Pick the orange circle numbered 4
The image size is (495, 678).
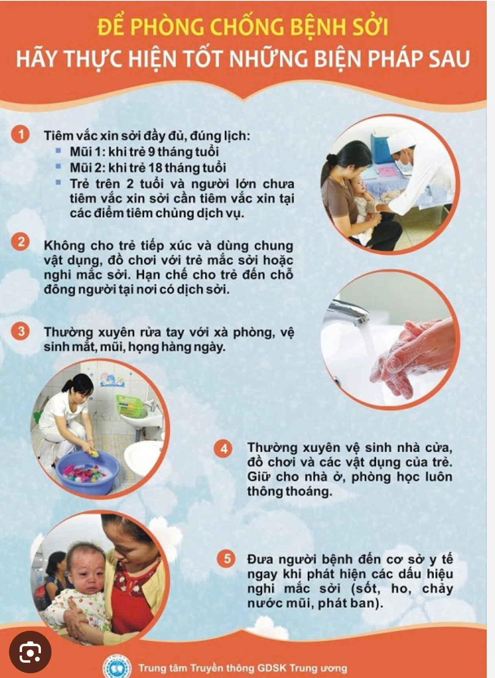(x=224, y=449)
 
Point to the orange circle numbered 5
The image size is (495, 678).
(x=227, y=558)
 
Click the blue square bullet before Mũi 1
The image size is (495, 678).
(x=59, y=150)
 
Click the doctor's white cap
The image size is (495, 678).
(x=401, y=139)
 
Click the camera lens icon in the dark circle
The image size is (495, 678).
(x=30, y=652)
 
